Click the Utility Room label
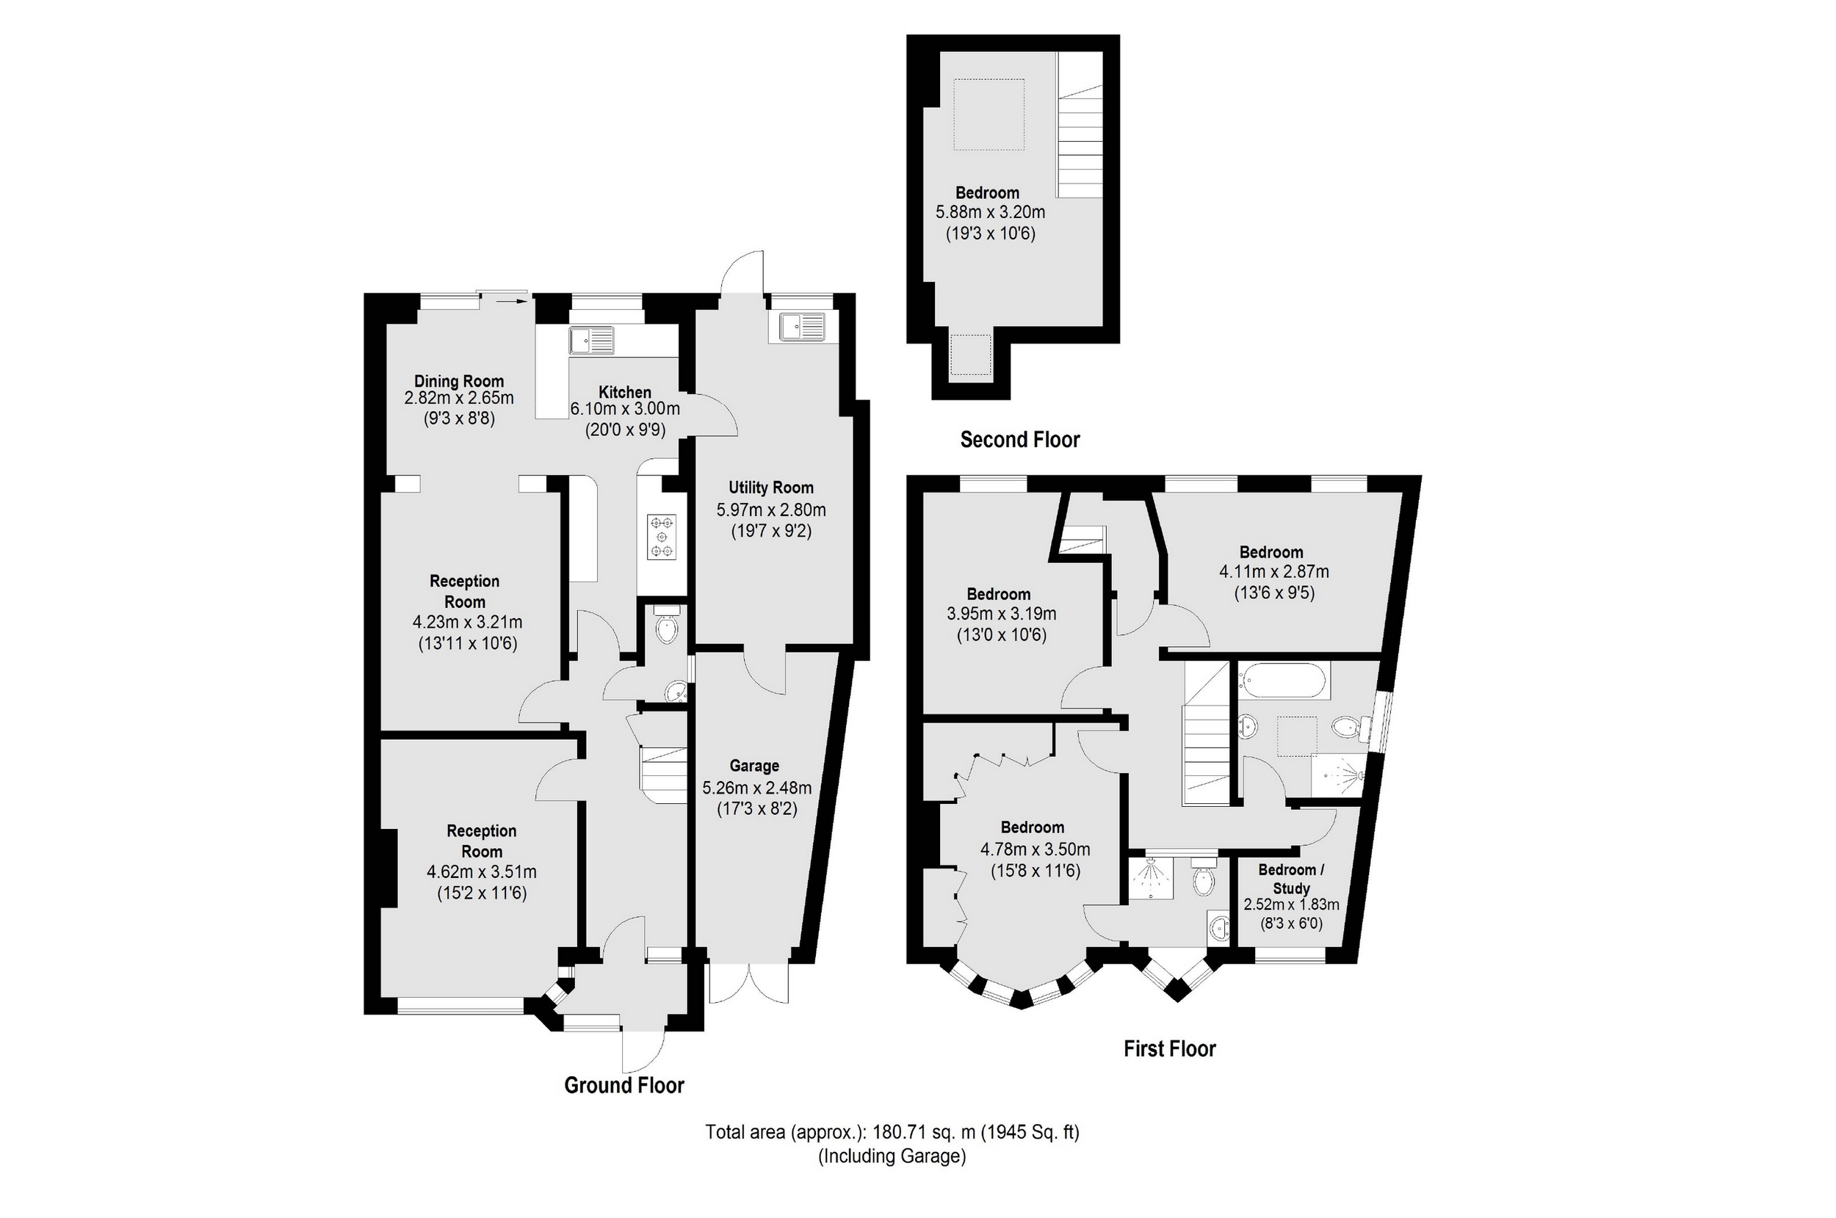(x=771, y=487)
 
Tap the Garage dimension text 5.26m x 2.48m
(x=756, y=788)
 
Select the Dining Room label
(x=458, y=380)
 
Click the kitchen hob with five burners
(x=662, y=537)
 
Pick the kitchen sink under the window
(x=591, y=340)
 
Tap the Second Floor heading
(x=1019, y=440)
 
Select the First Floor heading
(x=1169, y=1048)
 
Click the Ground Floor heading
(x=624, y=1085)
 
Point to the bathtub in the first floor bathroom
(x=1284, y=681)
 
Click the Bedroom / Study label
(x=1290, y=879)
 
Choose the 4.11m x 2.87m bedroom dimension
(x=1273, y=572)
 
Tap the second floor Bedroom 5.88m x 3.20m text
(x=990, y=212)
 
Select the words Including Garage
(x=892, y=1156)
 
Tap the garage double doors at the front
(x=749, y=983)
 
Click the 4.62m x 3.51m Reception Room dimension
(x=481, y=871)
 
